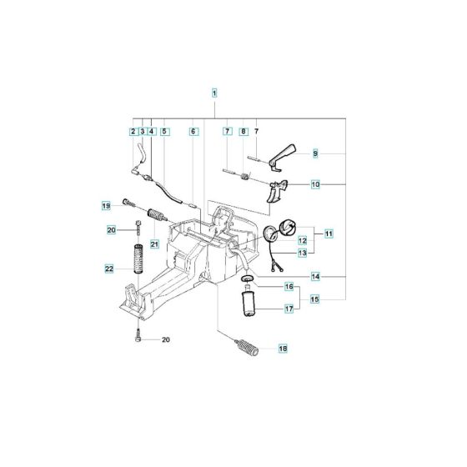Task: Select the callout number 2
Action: [x=133, y=132]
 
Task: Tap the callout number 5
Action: [x=164, y=132]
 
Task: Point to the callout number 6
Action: [x=193, y=132]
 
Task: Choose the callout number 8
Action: [x=243, y=132]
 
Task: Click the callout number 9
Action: [x=315, y=153]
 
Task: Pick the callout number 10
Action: [x=315, y=183]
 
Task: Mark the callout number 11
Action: [x=329, y=234]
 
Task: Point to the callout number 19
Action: [x=106, y=205]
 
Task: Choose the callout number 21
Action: [x=154, y=243]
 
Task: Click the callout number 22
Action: [x=109, y=269]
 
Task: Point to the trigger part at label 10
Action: [x=277, y=191]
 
